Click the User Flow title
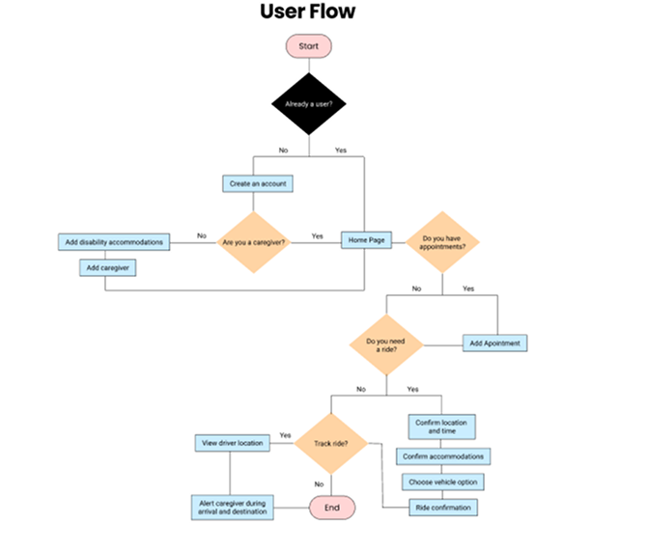(x=307, y=13)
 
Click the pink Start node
(x=308, y=45)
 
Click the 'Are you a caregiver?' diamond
(x=254, y=240)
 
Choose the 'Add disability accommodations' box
(x=114, y=240)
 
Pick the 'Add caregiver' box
(x=107, y=267)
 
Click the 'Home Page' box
(x=364, y=240)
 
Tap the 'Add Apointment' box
(x=495, y=343)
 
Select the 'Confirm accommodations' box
(x=443, y=455)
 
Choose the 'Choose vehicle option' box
(x=442, y=481)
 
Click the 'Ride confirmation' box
(x=443, y=507)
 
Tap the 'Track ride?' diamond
(x=331, y=444)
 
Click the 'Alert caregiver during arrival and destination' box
(x=232, y=508)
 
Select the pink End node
(x=331, y=508)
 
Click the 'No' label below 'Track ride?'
(x=319, y=484)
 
